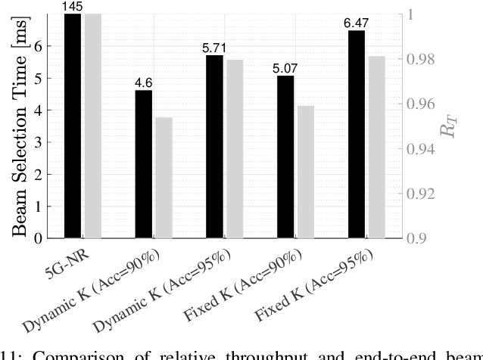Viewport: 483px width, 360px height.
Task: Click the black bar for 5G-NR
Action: pyautogui.click(x=73, y=126)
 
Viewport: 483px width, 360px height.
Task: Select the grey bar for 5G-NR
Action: pyautogui.click(x=92, y=126)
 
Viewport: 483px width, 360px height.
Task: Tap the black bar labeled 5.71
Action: pyautogui.click(x=214, y=147)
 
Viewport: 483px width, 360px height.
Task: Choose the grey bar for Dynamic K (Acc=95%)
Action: pyautogui.click(x=234, y=149)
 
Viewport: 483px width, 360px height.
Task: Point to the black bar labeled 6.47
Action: pyautogui.click(x=355, y=134)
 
